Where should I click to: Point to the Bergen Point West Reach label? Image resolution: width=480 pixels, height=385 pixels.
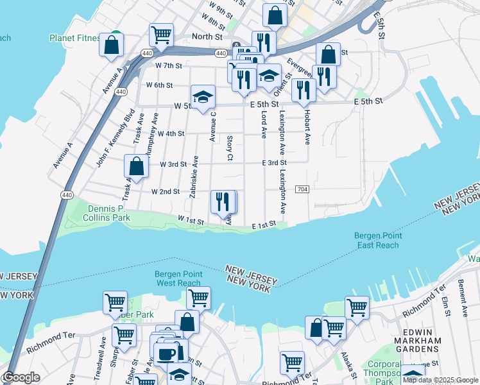[x=178, y=278]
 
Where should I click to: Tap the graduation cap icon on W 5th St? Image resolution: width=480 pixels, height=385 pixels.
[x=203, y=97]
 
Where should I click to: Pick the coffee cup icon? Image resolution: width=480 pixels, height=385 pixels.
[x=166, y=354]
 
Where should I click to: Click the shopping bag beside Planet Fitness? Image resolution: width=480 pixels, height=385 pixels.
[x=112, y=44]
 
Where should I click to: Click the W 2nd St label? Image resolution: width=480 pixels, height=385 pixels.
[x=166, y=192]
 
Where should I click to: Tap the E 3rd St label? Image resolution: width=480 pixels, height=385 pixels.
[x=273, y=163]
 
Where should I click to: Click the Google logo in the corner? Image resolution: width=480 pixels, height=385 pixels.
[x=21, y=377]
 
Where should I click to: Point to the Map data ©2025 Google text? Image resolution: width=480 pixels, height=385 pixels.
[x=440, y=380]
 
